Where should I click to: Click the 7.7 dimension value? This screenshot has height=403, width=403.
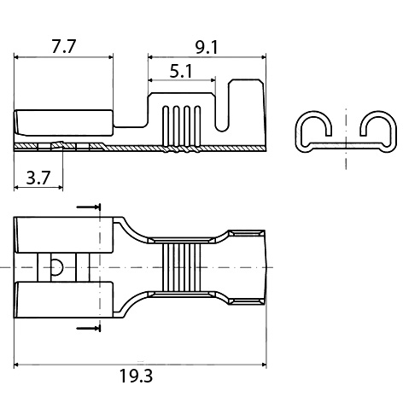tap(63, 47)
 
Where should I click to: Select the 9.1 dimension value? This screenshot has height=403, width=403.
tap(207, 47)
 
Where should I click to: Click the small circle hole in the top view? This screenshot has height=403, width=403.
tap(56, 267)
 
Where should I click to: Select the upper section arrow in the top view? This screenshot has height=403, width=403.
tap(88, 207)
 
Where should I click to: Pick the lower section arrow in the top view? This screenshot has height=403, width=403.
tap(88, 327)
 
